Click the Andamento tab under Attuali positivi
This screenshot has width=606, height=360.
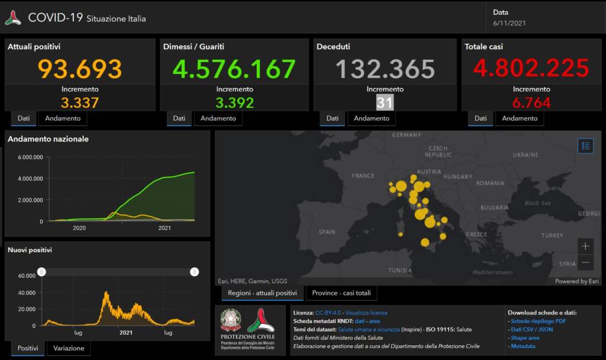pos(62,118)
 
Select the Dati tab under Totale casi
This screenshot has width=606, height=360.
pos(480,118)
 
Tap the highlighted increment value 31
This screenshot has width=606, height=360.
pos(385,102)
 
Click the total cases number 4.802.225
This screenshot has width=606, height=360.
pos(531,69)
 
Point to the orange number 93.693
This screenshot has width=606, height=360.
pos(80,69)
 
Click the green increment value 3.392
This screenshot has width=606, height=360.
pos(234,102)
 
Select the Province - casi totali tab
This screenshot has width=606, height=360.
pos(341,293)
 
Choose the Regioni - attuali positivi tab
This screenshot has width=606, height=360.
pos(262,293)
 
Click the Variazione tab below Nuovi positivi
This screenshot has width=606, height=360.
pos(69,348)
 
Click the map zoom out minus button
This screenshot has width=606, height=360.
pos(585,262)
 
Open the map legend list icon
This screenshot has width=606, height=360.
pos(585,146)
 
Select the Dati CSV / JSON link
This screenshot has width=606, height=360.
pos(532,329)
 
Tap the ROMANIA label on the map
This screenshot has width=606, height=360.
pos(489,184)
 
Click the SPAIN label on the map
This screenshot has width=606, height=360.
pos(327,232)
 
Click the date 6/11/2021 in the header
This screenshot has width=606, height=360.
pos(508,24)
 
